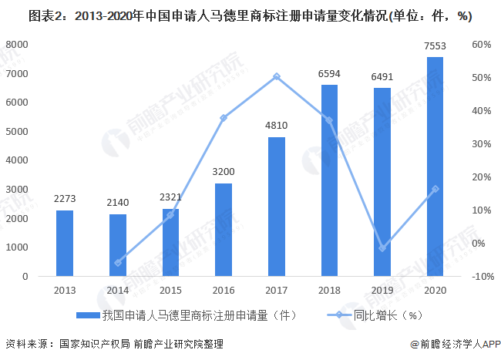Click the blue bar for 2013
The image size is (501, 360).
pyautogui.click(x=65, y=243)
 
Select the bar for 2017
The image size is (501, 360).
pyautogui.click(x=277, y=207)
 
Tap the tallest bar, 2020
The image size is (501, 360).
pyautogui.click(x=435, y=167)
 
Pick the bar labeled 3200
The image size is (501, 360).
pyautogui.click(x=224, y=230)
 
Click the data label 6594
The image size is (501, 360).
pyautogui.click(x=329, y=74)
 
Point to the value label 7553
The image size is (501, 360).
pyautogui.click(x=435, y=46)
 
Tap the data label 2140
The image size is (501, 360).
pyautogui.click(x=118, y=203)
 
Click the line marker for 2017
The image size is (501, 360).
pyautogui.click(x=277, y=76)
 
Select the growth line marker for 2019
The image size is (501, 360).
pyautogui.click(x=382, y=248)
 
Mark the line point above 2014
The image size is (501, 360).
pyautogui.click(x=118, y=263)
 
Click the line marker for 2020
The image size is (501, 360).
pyautogui.click(x=435, y=189)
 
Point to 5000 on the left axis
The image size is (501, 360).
pyautogui.click(x=17, y=131)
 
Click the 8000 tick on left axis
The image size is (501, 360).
pyautogui.click(x=17, y=45)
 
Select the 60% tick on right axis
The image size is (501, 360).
pyautogui.click(x=482, y=45)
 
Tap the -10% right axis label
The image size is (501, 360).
pyautogui.click(x=483, y=276)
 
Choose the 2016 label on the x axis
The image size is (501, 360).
pyautogui.click(x=224, y=291)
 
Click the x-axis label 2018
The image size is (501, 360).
pyautogui.click(x=329, y=291)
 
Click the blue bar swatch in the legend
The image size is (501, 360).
pyautogui.click(x=88, y=315)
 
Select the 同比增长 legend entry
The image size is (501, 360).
pyautogui.click(x=375, y=315)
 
